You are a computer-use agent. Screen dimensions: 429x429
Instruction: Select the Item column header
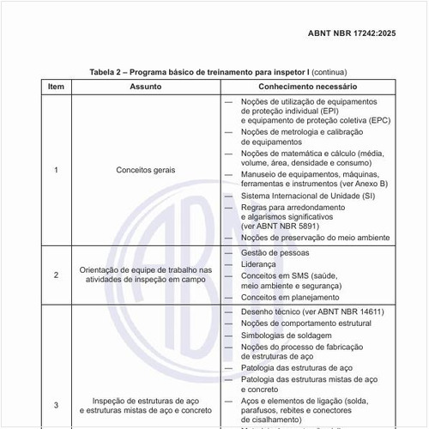point(56,87)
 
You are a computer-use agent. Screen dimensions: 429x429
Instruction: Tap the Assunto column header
point(145,87)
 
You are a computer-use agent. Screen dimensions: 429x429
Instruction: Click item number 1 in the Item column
point(56,170)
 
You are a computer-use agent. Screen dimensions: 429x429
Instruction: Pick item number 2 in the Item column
point(56,275)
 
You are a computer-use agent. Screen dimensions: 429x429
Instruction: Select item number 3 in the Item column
point(56,405)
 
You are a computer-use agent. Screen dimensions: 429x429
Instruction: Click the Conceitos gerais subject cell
point(145,170)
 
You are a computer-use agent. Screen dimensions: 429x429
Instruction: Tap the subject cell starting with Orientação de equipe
point(145,275)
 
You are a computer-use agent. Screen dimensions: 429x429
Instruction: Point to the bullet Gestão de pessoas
point(275,253)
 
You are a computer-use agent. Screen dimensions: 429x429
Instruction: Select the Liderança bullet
point(261,265)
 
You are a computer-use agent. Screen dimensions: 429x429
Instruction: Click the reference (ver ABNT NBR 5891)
point(281,226)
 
